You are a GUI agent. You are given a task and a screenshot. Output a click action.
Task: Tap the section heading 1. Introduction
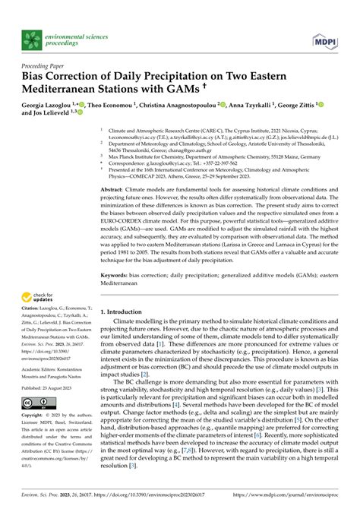tap(124, 333)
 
